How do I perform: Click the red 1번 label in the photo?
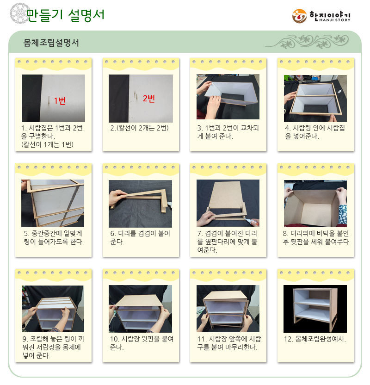point(60,100)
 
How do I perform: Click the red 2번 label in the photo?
point(148,99)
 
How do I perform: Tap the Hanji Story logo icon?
point(299,16)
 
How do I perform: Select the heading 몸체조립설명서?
point(51,43)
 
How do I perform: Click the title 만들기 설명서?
point(65,15)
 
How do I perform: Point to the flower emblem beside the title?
point(19,13)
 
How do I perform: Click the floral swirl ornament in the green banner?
point(308,41)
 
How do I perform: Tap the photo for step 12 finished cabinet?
point(315,309)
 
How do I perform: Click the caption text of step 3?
point(228,132)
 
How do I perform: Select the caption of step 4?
point(315,132)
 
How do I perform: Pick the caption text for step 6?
point(140,237)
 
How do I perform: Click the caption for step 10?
point(142,343)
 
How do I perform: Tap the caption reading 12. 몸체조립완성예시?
point(315,339)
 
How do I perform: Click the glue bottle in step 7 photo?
point(252,222)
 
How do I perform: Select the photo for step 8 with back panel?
point(315,204)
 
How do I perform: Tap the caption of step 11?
point(229,343)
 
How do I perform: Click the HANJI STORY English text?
point(335,20)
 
